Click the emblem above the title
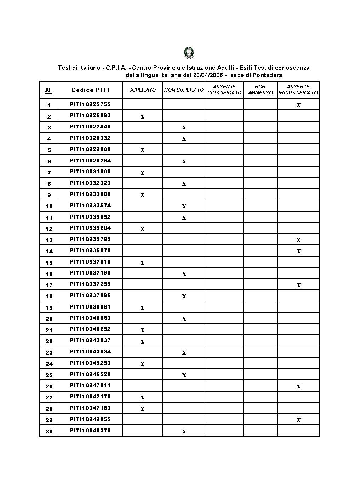pos(189,53)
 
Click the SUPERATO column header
pos(142,90)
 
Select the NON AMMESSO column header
pos(260,90)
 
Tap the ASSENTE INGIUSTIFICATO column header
pos(298,90)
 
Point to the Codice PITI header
pos(90,90)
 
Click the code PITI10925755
pos(90,104)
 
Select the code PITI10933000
pos(90,194)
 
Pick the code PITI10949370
pos(90,431)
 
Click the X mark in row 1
pos(298,105)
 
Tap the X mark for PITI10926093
pos(142,116)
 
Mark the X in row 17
pos(298,285)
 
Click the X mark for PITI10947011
pos(298,386)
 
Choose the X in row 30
pos(184,431)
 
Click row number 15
pos(49,263)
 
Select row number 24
pos(49,364)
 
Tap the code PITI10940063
pos(90,318)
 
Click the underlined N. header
pos(48,90)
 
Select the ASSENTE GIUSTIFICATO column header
pos(224,90)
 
